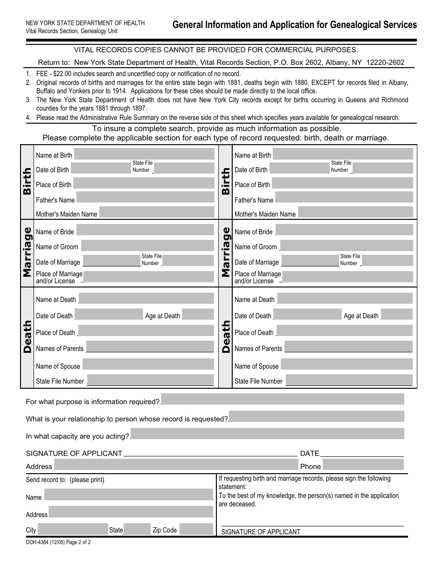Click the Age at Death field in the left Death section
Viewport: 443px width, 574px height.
(x=198, y=315)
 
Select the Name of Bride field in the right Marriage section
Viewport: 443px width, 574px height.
(x=345, y=230)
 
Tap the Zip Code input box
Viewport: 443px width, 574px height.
(x=196, y=529)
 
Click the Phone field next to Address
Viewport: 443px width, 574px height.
(x=363, y=465)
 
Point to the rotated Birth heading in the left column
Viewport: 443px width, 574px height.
(x=27, y=182)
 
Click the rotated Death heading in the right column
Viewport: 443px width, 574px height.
(x=226, y=336)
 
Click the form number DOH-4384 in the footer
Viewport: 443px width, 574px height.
(x=40, y=543)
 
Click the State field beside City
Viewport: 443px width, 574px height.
(x=137, y=529)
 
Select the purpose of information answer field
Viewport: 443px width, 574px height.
(x=283, y=399)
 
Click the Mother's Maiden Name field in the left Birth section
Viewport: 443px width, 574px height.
(x=157, y=213)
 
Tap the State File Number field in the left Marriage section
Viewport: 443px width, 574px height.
(x=187, y=261)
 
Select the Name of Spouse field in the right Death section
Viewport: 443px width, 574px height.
(x=347, y=365)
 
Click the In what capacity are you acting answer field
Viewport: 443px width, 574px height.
(x=267, y=434)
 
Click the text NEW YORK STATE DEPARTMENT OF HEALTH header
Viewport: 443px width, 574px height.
(x=85, y=23)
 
